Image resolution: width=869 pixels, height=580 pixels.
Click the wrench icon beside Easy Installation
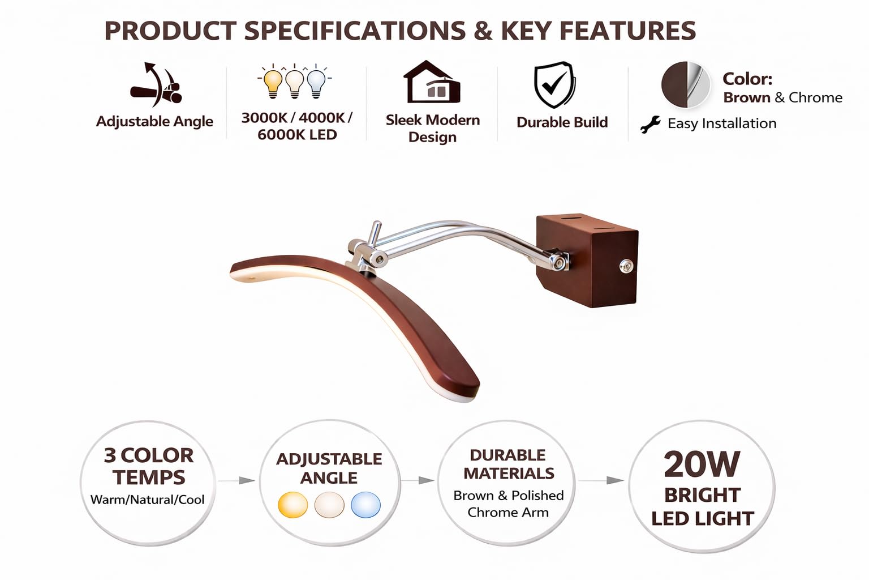650,124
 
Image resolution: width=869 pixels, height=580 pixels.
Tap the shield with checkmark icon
554,84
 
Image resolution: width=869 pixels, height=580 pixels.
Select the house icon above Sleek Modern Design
432,82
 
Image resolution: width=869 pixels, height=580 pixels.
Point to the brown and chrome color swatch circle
686,84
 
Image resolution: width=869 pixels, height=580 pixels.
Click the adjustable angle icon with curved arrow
156,85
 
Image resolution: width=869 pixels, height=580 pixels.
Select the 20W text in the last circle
702,464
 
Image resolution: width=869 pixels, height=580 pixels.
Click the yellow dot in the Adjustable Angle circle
293,505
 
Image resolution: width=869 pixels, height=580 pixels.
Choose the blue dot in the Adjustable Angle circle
365,505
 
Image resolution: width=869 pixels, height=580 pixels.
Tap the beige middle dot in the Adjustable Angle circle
329,505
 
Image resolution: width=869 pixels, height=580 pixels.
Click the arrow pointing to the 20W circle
601,480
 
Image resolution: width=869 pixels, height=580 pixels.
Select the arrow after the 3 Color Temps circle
236,480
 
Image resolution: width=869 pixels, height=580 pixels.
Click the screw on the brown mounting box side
626,266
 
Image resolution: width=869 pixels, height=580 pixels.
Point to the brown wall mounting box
587,261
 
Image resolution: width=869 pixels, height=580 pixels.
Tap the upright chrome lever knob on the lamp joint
375,233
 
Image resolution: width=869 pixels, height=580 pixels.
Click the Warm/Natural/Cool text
148,500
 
